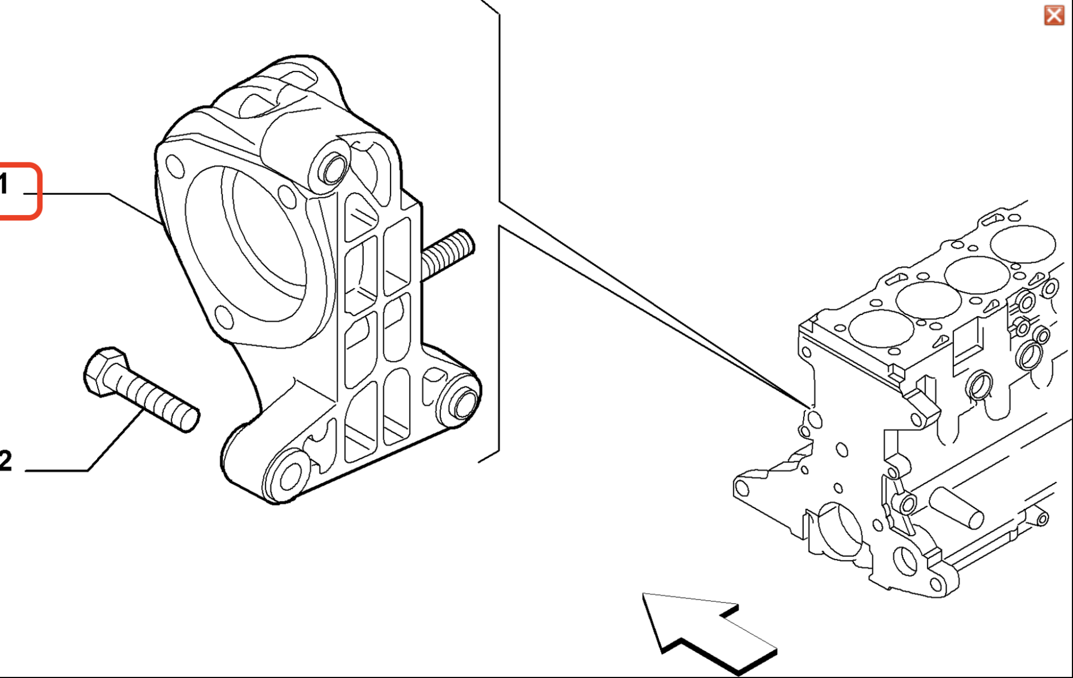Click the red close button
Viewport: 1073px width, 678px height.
(1054, 15)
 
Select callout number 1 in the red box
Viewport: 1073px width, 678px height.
(4, 184)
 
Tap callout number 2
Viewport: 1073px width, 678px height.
(6, 461)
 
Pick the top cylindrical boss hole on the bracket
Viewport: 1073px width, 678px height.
(334, 168)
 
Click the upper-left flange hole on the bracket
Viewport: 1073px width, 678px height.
(175, 166)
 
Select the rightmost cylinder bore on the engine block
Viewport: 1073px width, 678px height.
(1023, 244)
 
